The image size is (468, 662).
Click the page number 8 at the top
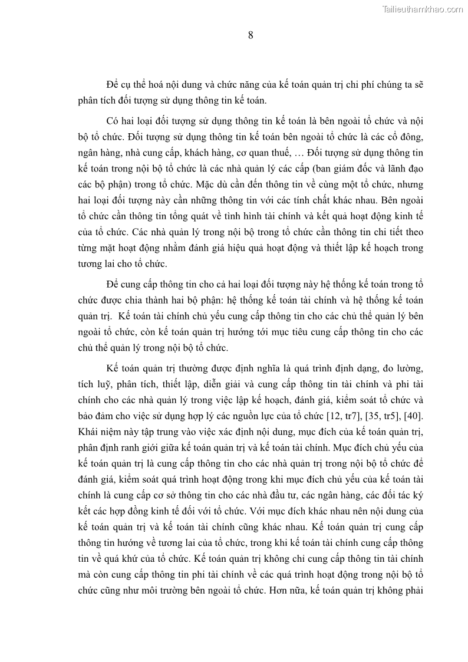click(251, 35)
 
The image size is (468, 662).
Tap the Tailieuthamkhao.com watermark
click(423, 9)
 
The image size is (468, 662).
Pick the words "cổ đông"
click(405, 136)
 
